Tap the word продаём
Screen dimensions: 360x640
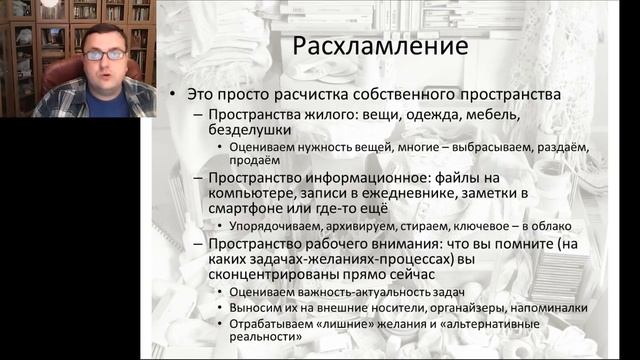[x=247, y=160]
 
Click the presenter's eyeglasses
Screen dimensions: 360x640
[x=104, y=54]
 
